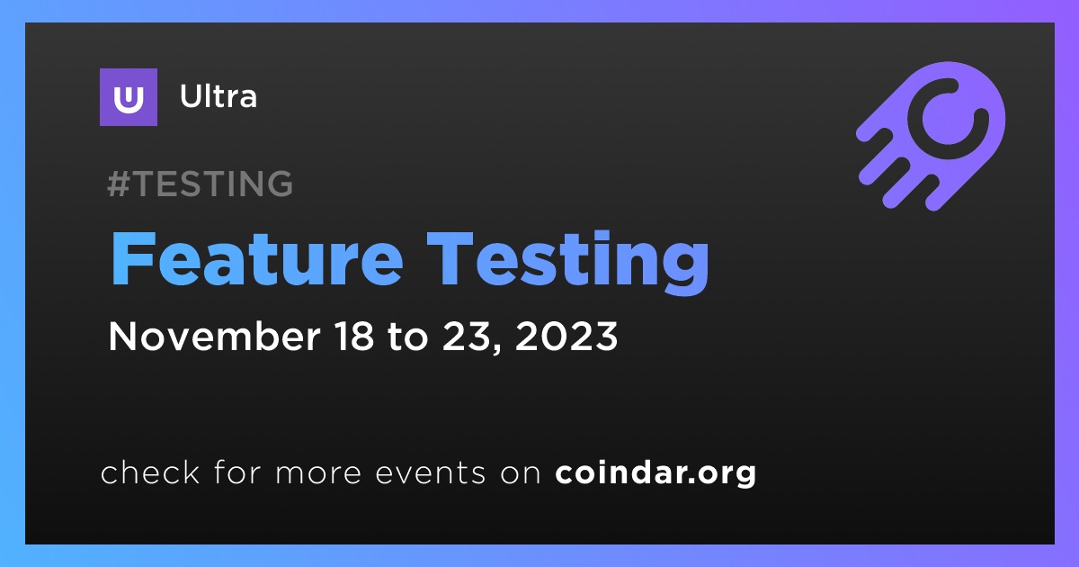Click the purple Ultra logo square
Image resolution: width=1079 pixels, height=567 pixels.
pos(128,97)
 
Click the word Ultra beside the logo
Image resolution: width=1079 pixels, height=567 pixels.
pos(218,96)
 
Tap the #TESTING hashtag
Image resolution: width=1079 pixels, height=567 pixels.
pos(200,184)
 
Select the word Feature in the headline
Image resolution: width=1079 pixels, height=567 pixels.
pos(257,259)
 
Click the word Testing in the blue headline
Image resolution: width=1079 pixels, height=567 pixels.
pos(567,263)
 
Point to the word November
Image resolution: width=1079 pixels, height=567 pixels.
pos(214,336)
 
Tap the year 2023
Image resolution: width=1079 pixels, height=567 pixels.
pos(566,336)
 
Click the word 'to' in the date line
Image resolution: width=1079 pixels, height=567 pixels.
pos(407,337)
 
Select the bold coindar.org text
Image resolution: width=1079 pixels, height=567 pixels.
pos(655,473)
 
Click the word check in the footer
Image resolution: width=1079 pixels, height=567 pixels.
pos(150,472)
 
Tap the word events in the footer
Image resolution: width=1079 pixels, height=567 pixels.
pos(431,473)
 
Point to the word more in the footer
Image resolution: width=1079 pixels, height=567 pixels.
pos(318,474)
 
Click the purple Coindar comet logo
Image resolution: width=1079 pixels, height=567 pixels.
pos(931,136)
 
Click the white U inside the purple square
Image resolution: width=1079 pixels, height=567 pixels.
pos(128,99)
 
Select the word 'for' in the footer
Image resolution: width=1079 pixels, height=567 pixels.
pos(237,472)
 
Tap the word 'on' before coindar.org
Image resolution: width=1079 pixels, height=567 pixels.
pos(521,474)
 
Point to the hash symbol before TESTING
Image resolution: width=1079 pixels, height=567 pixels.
pos(119,184)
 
